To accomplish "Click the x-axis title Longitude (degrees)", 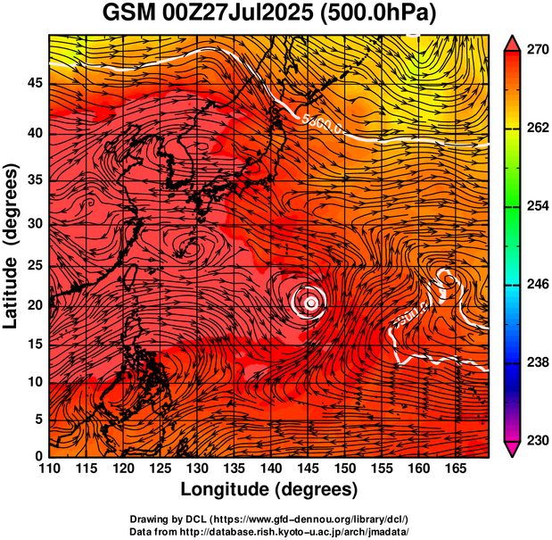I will pos(268,489).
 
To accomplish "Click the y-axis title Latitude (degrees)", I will pos(12,245).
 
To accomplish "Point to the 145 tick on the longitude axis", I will pos(308,468).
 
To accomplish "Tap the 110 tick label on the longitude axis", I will pos(49,468).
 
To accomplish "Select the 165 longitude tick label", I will pos(455,468).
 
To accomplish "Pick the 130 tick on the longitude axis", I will pos(197,468).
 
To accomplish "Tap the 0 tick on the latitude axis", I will pos(38,456).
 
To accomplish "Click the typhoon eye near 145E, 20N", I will pos(310,303).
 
